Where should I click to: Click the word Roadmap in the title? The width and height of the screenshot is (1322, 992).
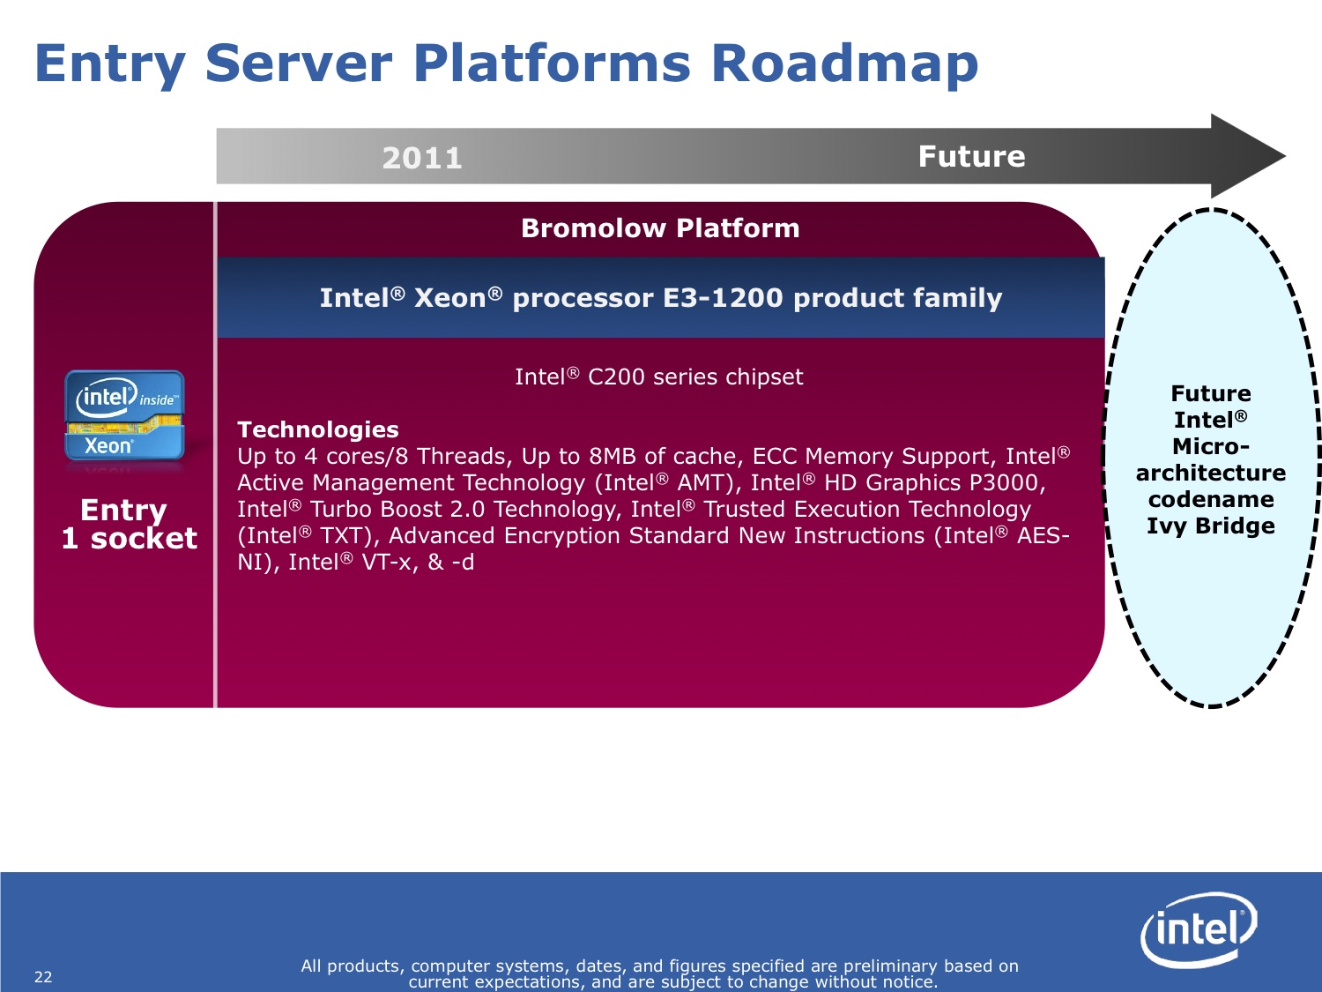pos(844,64)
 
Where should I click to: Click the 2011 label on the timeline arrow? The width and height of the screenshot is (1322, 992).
pos(422,159)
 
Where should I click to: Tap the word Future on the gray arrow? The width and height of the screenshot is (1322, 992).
pos(971,157)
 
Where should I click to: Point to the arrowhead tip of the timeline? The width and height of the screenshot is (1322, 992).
pos(1286,157)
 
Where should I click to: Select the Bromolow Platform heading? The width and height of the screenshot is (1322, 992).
pos(660,228)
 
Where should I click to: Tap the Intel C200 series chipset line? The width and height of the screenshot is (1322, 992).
pos(659,377)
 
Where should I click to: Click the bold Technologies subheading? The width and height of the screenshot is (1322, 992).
pos(318,429)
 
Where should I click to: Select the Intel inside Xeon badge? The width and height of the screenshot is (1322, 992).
pos(124,415)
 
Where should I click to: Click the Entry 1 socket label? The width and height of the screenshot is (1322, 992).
pos(130,524)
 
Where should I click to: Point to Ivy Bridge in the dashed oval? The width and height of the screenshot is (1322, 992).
pos(1211,526)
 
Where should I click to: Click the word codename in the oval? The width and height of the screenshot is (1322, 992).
pos(1211,499)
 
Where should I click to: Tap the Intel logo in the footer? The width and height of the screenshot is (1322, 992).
pos(1199,929)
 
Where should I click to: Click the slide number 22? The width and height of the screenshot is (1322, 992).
pos(43,977)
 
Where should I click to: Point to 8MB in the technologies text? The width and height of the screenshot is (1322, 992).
pos(613,456)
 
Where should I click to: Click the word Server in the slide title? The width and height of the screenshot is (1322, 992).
pos(299,64)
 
